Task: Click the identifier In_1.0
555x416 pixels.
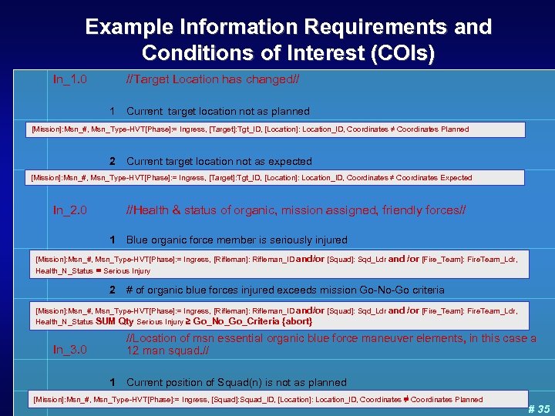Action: click(x=69, y=79)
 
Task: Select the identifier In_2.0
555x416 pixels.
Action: click(x=69, y=210)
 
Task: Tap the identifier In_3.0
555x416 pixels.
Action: click(x=69, y=350)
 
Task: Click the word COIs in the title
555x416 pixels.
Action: click(x=392, y=54)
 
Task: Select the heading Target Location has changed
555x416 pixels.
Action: click(x=213, y=79)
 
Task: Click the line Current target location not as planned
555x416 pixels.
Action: click(x=217, y=111)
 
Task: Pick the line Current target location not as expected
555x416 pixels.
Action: click(x=219, y=162)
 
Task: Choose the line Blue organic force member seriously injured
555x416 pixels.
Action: click(x=237, y=240)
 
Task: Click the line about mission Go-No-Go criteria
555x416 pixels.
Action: click(x=284, y=290)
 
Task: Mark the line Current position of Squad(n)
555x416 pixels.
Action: click(x=236, y=382)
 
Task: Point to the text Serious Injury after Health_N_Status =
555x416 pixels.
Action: click(x=127, y=271)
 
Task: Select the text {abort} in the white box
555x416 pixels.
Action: click(x=297, y=321)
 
